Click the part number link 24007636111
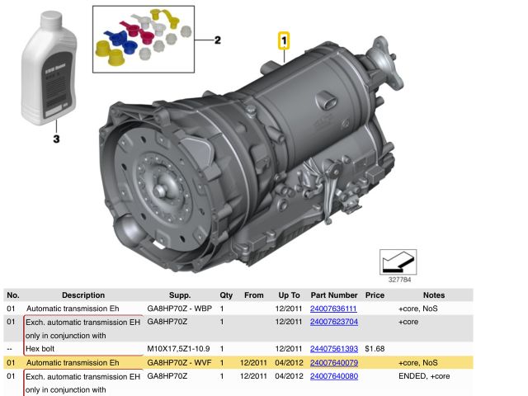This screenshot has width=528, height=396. pos(333,309)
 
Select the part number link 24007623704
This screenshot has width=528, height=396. pos(333,322)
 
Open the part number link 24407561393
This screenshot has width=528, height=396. pos(333,349)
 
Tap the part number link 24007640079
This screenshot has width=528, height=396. pos(333,362)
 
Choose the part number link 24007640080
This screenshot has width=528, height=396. pos(333,376)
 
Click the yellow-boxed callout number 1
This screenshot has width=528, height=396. pos(284,39)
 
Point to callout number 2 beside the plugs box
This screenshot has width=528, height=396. pos(218,40)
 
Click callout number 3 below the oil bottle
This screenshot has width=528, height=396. pos(56,139)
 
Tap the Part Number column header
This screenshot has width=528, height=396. pos(333,295)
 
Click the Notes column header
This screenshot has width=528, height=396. pos(433,295)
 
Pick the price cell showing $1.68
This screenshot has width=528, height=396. pos(375,349)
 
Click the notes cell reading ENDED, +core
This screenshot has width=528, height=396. pos(423,376)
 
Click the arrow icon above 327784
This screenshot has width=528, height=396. pos(398,262)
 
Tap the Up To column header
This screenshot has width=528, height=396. pos(288,295)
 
